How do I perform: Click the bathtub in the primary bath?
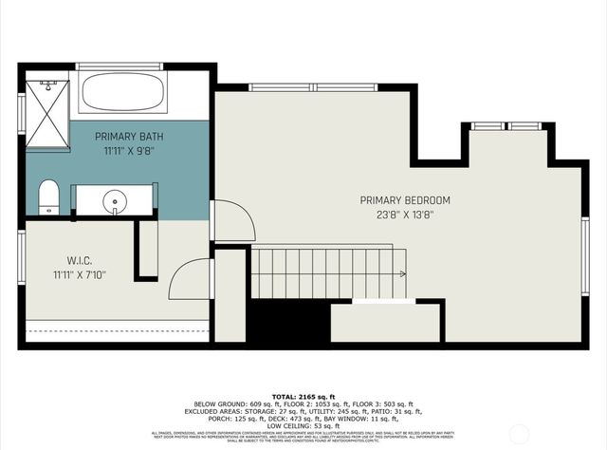click(123, 92)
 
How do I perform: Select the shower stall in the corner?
click(47, 114)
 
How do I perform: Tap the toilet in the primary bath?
click(48, 199)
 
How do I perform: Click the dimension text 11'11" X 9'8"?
click(115, 150)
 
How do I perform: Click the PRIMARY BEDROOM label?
click(405, 200)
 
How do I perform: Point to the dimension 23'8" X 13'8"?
click(405, 215)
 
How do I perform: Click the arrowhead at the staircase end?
click(403, 274)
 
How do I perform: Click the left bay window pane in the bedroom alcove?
click(487, 125)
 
